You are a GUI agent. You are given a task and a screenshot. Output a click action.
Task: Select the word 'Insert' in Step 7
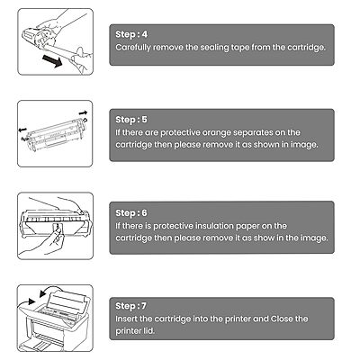[127, 319]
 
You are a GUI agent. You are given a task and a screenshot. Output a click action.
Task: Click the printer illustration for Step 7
[58, 324]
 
